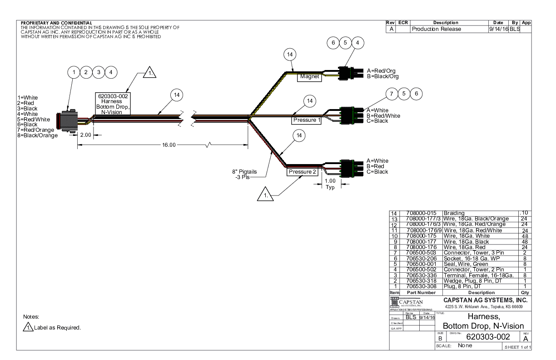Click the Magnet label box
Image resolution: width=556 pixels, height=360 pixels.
(x=309, y=77)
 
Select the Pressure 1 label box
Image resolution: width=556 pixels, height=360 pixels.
(x=306, y=120)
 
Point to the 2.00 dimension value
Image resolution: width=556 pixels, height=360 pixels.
(x=85, y=135)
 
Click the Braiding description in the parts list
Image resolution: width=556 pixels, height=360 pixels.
(x=458, y=212)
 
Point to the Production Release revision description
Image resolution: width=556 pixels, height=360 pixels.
(x=436, y=29)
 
